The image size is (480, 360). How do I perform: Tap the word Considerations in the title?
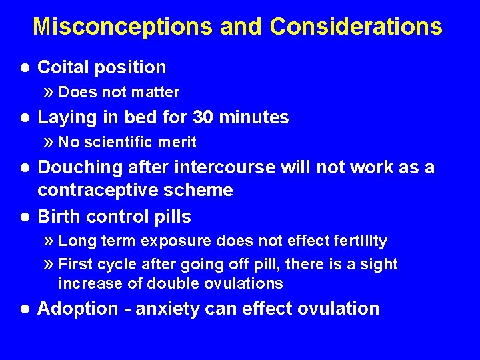click(x=356, y=27)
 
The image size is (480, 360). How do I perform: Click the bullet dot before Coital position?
click(x=25, y=67)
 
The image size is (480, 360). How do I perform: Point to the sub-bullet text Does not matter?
click(x=119, y=92)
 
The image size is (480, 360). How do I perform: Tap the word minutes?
click(x=255, y=118)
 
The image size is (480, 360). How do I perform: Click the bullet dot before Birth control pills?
click(x=25, y=217)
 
